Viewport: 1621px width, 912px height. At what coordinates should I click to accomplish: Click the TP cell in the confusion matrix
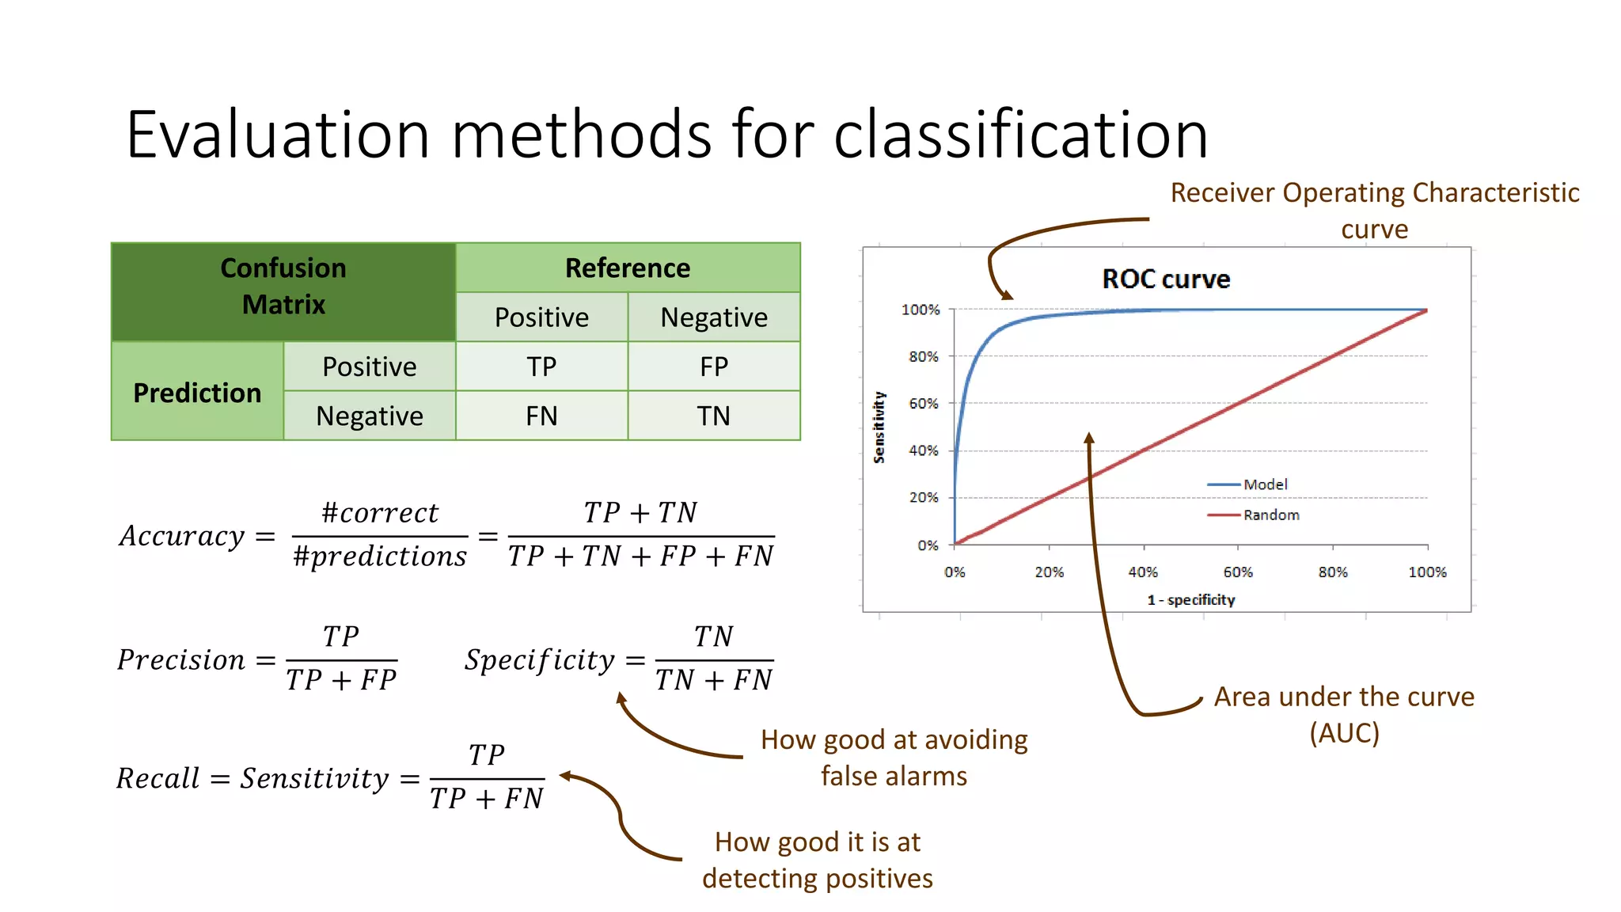541,367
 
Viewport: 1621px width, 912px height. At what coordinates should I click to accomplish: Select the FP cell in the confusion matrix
713,367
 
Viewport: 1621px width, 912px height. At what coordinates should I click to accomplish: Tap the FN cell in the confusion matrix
541,416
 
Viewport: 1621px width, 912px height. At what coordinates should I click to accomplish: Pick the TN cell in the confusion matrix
713,416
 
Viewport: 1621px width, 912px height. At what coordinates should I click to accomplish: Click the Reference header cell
628,268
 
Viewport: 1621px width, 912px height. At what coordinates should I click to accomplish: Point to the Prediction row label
197,392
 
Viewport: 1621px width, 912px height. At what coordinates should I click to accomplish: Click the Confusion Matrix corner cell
283,286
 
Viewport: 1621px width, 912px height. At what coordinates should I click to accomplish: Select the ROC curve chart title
1166,279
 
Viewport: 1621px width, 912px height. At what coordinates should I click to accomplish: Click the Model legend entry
1264,484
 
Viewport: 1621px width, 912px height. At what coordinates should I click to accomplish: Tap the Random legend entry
1270,515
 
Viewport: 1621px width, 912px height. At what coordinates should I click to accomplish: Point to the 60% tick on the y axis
924,404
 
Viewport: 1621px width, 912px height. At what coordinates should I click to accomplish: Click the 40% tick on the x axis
1143,572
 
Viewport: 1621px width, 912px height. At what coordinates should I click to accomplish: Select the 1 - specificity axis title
1190,600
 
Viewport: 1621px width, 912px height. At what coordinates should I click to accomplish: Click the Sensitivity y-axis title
879,427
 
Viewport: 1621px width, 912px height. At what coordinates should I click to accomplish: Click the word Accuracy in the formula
182,536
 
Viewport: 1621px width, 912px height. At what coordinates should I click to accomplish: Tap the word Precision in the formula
181,659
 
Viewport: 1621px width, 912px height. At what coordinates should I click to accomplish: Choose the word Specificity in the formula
540,659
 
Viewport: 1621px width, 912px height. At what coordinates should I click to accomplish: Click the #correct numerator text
380,513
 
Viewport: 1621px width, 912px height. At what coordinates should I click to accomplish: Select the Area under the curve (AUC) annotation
1344,714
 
